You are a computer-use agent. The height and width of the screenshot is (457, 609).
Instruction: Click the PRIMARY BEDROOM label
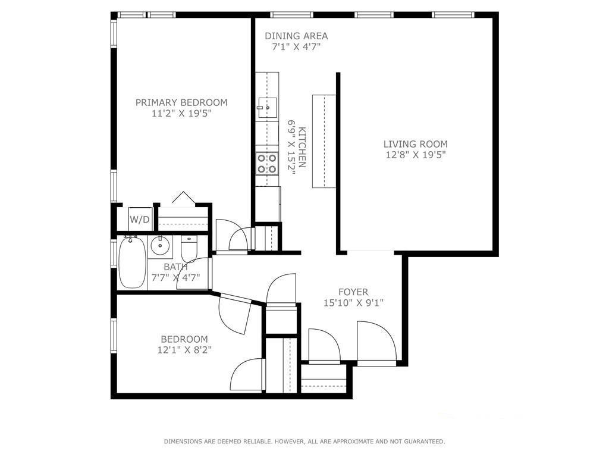click(x=181, y=102)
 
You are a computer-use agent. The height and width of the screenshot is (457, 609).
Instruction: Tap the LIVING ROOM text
click(x=415, y=144)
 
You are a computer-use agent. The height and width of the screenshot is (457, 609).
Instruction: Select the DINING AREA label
click(x=296, y=36)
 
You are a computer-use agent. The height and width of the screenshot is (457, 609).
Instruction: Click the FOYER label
click(x=353, y=292)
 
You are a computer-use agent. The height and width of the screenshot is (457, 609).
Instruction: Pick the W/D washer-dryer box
click(x=140, y=219)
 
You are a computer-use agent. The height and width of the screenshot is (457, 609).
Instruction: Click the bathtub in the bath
click(x=132, y=263)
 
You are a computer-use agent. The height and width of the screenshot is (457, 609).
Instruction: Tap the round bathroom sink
click(x=159, y=245)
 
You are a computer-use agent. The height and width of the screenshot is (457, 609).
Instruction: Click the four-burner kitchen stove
click(x=267, y=163)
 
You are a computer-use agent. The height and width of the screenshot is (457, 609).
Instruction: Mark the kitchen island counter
click(x=324, y=141)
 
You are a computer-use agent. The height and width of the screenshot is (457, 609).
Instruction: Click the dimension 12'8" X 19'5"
click(x=415, y=155)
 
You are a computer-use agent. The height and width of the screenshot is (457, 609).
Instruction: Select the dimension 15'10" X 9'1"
click(x=353, y=303)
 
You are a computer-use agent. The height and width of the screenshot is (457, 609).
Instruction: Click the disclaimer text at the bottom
click(x=304, y=442)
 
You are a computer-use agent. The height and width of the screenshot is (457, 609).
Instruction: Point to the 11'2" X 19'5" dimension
click(x=181, y=113)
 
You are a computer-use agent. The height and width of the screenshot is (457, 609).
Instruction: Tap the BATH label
click(x=175, y=267)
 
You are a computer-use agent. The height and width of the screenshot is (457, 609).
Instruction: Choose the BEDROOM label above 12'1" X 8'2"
click(x=184, y=339)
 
